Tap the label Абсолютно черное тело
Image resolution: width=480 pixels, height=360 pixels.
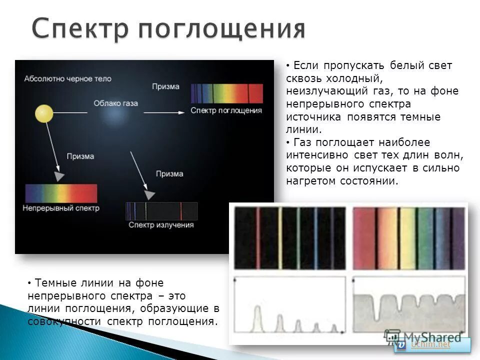[x=67, y=79]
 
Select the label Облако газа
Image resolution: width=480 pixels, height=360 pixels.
[x=115, y=103]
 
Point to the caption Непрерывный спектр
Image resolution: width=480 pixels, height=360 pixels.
[x=61, y=207]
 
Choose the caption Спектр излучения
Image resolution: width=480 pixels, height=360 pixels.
[x=161, y=225]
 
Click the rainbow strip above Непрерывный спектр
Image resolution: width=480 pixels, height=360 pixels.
[x=61, y=193]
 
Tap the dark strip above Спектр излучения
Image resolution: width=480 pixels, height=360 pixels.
[x=161, y=211]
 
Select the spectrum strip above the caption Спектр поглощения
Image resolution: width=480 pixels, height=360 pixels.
[x=226, y=93]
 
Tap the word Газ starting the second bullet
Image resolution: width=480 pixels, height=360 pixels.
[x=304, y=142]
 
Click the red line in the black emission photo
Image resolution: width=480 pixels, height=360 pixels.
[x=258, y=237]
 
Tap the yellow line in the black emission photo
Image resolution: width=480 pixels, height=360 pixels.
[x=280, y=237]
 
